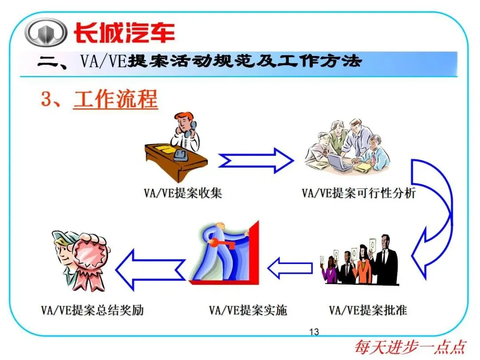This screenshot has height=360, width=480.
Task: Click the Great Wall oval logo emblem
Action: coord(45,32)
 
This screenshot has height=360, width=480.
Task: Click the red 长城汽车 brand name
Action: coord(124,33)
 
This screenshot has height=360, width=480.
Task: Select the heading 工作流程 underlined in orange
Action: coord(116,99)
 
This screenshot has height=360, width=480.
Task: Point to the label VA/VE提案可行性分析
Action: coord(359,193)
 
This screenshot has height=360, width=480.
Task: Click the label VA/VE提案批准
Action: coord(368,310)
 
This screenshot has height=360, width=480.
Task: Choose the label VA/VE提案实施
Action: coord(248,310)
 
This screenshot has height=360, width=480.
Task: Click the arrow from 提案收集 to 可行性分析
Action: coord(256,160)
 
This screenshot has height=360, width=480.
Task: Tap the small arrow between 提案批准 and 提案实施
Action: coord(289,268)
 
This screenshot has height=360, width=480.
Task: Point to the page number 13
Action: coord(314,332)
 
